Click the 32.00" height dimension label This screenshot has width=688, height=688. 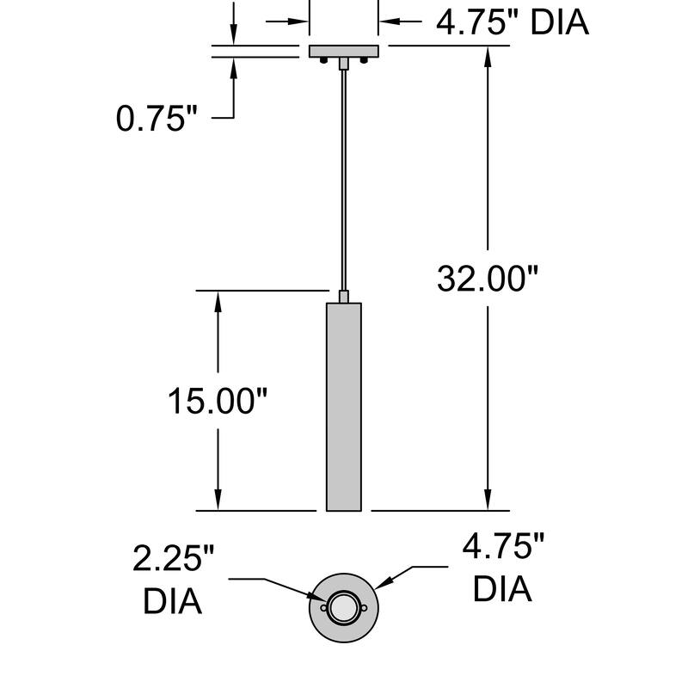click(487, 279)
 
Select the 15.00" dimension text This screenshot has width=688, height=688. click(218, 401)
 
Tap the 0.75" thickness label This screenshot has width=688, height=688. click(157, 118)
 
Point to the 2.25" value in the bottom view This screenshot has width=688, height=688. click(174, 558)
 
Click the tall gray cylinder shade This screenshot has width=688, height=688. click(343, 407)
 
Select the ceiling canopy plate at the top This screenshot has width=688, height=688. click(343, 52)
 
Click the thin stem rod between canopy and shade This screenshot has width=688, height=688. click(343, 180)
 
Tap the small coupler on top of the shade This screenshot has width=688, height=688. click(343, 297)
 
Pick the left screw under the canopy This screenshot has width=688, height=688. click(324, 60)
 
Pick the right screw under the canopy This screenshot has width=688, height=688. click(364, 60)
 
